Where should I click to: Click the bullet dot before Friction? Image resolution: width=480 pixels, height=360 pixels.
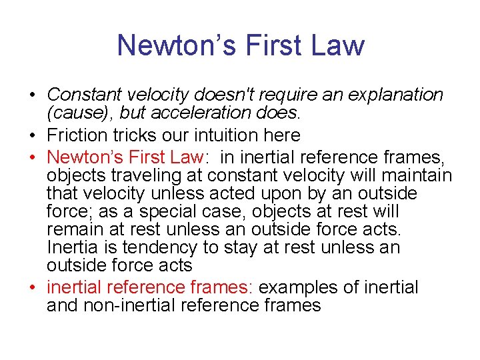pyautogui.click(x=33, y=136)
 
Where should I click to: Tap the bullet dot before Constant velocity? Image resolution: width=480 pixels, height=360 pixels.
pyautogui.click(x=33, y=95)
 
